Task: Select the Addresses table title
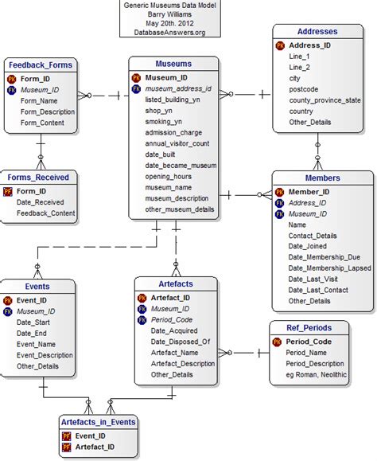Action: [317, 32]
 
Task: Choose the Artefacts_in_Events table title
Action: [99, 421]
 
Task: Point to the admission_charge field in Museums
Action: [173, 133]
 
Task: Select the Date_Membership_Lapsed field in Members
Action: [329, 268]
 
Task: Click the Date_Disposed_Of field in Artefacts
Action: [181, 341]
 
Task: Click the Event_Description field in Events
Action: [45, 355]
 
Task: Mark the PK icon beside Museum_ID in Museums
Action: [137, 77]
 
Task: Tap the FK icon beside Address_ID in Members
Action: [279, 203]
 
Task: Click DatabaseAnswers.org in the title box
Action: [159, 33]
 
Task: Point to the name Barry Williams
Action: [159, 14]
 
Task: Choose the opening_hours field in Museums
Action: [169, 176]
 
